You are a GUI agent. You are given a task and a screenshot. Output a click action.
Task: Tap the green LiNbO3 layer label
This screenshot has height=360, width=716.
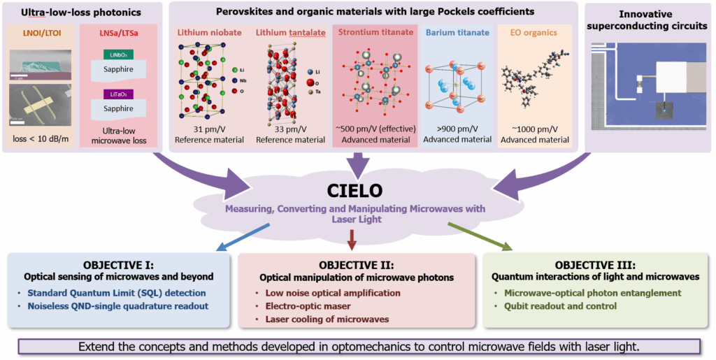(112, 55)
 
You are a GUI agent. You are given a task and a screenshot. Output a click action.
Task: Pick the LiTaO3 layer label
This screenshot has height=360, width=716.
(112, 94)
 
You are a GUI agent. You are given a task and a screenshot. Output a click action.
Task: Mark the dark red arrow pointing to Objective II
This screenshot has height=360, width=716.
(352, 241)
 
